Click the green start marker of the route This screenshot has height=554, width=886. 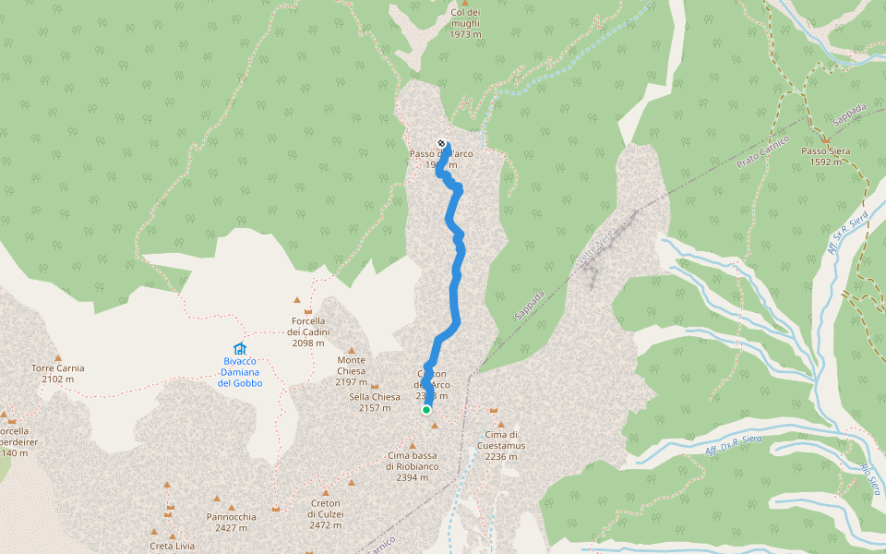[426, 409]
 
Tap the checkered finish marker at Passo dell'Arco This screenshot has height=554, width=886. [441, 143]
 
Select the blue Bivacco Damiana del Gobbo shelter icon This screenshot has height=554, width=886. [240, 348]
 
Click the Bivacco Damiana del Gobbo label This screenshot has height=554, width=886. [240, 371]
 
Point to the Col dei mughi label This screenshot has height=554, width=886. [466, 23]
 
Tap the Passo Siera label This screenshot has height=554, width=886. [826, 156]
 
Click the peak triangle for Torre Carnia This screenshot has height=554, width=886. [58, 357]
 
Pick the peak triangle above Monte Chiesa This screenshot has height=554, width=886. [351, 351]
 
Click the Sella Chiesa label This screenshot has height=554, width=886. [375, 402]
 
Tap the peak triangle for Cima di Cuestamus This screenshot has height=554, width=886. [493, 411]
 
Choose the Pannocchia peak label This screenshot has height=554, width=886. [232, 523]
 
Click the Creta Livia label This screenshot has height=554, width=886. [173, 546]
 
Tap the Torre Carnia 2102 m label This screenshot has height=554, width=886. [58, 373]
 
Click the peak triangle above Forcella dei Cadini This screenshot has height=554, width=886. [297, 300]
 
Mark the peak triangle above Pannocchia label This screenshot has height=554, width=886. [231, 506]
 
